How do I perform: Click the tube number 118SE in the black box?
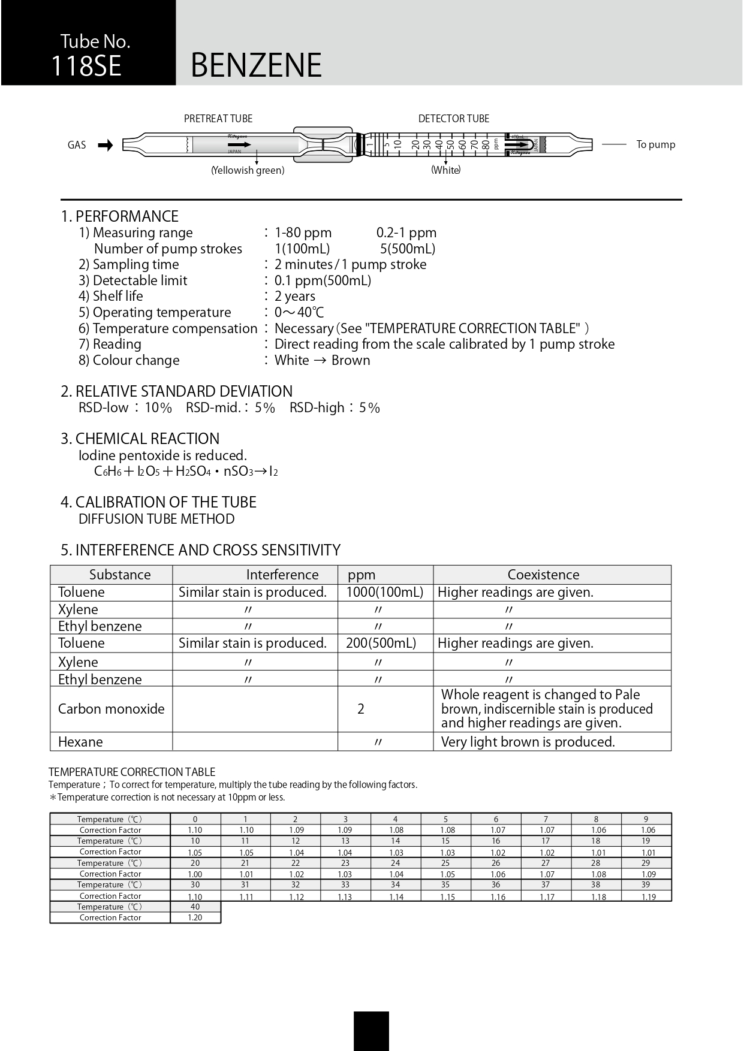pyautogui.click(x=86, y=66)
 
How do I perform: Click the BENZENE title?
pyautogui.click(x=256, y=65)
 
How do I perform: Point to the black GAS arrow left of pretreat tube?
pyautogui.click(x=106, y=145)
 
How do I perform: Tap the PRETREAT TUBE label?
pyautogui.click(x=218, y=119)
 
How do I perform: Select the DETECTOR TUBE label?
pyautogui.click(x=453, y=119)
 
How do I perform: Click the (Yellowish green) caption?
pyautogui.click(x=248, y=171)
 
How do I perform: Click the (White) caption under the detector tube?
pyautogui.click(x=445, y=170)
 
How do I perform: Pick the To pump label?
pyautogui.click(x=655, y=144)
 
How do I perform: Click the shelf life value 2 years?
pyautogui.click(x=294, y=297)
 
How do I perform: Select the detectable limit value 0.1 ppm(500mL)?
pyautogui.click(x=323, y=280)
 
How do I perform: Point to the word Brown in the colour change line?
pyautogui.click(x=351, y=361)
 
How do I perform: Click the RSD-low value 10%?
pyautogui.click(x=158, y=408)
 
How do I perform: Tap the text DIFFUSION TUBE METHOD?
pyautogui.click(x=156, y=519)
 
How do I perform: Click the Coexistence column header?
pyautogui.click(x=543, y=575)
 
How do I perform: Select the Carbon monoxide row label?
pyautogui.click(x=111, y=709)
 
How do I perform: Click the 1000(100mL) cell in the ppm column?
pyautogui.click(x=384, y=593)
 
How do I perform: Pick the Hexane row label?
pyautogui.click(x=80, y=742)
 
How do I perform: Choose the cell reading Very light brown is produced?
pyautogui.click(x=528, y=742)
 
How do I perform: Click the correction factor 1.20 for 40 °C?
pyautogui.click(x=195, y=918)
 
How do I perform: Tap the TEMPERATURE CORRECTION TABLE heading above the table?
pyautogui.click(x=131, y=772)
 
